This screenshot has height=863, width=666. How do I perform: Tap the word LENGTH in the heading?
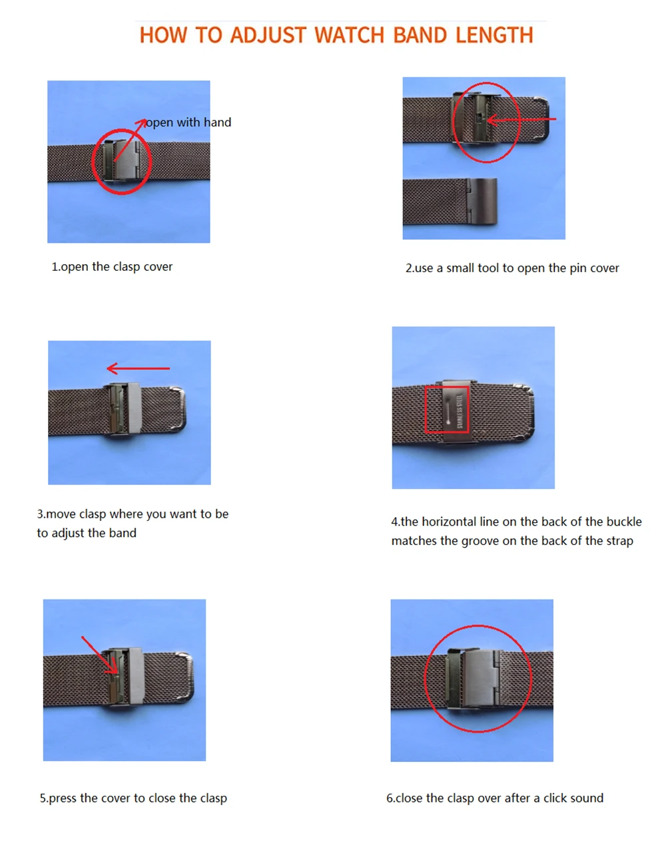[494, 35]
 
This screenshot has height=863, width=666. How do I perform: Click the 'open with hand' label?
[188, 122]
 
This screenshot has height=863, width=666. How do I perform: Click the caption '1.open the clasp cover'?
[112, 267]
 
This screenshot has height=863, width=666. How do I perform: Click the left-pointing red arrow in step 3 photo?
[139, 368]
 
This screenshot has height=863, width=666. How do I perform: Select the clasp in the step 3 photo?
[125, 409]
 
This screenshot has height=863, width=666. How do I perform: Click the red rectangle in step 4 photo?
[447, 409]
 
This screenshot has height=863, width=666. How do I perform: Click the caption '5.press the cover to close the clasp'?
[133, 798]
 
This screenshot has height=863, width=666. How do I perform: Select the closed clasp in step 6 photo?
[474, 679]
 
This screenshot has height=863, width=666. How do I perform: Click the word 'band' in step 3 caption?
[123, 533]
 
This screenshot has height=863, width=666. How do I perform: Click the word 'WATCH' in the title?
[349, 35]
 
